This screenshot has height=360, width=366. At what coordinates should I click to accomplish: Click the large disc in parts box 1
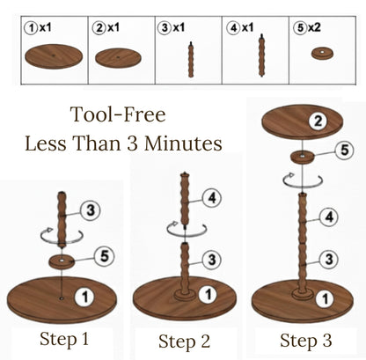pyautogui.click(x=54, y=56)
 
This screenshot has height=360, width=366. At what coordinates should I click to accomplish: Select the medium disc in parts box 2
pyautogui.click(x=118, y=58)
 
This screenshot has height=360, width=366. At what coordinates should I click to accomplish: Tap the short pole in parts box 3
pyautogui.click(x=191, y=60)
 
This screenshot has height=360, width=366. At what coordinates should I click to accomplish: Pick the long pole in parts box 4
pyautogui.click(x=261, y=55)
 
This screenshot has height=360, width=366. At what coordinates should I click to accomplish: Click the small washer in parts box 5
pyautogui.click(x=322, y=54)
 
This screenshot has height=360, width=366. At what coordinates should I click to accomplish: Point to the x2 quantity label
pyautogui.click(x=314, y=28)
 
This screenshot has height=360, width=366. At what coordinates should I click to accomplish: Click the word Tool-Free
pyautogui.click(x=118, y=114)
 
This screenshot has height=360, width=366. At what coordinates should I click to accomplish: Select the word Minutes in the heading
pyautogui.click(x=183, y=143)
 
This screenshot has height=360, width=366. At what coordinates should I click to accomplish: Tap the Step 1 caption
pyautogui.click(x=64, y=339)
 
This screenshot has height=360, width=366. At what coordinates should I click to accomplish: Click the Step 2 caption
pyautogui.click(x=185, y=342)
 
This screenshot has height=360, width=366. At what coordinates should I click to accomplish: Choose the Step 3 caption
pyautogui.click(x=306, y=341)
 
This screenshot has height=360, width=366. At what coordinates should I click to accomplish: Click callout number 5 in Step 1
pyautogui.click(x=104, y=256)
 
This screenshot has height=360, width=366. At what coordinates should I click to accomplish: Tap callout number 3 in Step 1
pyautogui.click(x=91, y=210)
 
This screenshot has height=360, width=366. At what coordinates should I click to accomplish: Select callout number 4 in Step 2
pyautogui.click(x=212, y=198)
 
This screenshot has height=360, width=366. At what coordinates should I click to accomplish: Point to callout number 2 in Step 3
pyautogui.click(x=318, y=121)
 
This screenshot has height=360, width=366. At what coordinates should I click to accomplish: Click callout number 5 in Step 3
pyautogui.click(x=344, y=150)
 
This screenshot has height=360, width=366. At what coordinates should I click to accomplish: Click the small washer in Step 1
pyautogui.click(x=62, y=261)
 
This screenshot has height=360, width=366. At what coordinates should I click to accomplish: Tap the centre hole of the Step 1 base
pyautogui.click(x=62, y=298)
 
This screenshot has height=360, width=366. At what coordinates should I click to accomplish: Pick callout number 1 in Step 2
pyautogui.click(x=209, y=294)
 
